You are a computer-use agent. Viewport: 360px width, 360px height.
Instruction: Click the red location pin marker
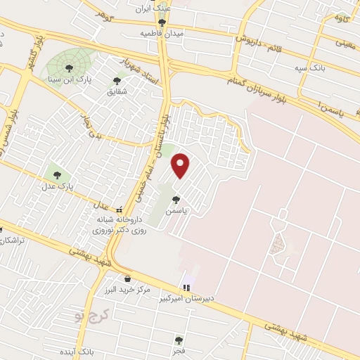click(181, 166)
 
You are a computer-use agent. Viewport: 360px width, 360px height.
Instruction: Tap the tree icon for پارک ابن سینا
click(70, 67)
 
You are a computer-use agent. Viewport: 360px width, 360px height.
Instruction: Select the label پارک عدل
click(57, 187)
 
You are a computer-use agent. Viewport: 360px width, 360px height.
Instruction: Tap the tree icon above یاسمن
click(176, 198)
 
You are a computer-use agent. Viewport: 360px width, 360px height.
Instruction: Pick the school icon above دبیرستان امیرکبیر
click(186, 287)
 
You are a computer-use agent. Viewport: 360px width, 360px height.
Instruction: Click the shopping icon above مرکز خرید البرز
click(127, 278)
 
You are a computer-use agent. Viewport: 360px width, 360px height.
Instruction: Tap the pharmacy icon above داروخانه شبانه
click(120, 209)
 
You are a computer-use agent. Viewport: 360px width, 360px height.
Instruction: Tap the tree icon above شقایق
click(117, 80)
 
